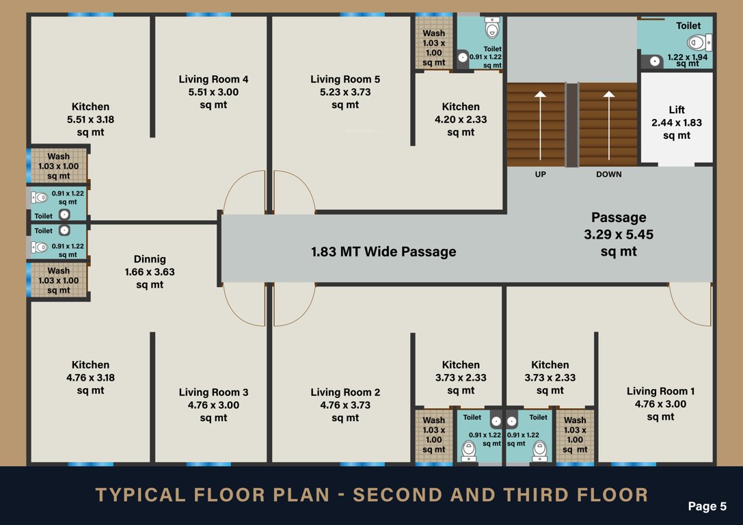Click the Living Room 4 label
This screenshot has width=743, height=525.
click(x=213, y=92)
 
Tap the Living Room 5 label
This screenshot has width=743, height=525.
click(x=345, y=92)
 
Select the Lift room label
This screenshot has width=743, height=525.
click(x=677, y=122)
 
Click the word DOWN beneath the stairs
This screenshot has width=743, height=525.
click(x=608, y=174)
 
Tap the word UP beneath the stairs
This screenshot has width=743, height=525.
click(x=540, y=174)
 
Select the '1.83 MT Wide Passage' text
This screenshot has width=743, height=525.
click(x=383, y=252)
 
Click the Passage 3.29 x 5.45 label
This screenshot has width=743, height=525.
click(x=619, y=234)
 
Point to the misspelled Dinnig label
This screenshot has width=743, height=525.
click(x=149, y=271)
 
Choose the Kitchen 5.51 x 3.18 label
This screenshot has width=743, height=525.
click(x=90, y=119)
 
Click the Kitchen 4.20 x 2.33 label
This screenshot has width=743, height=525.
click(x=461, y=119)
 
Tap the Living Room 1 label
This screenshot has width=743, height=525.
click(x=660, y=403)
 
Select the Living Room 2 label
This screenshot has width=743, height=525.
click(x=345, y=405)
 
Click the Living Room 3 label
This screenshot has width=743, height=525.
click(x=213, y=405)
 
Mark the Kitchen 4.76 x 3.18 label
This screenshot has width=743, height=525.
click(x=90, y=377)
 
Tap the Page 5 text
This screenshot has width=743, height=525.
click(x=707, y=507)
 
